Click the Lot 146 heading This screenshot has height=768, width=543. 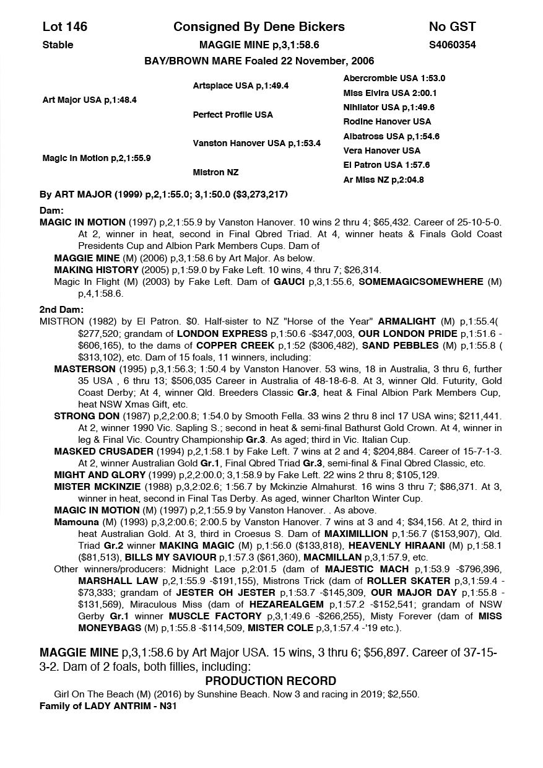coord(65,27)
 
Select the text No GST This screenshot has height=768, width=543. coord(452,27)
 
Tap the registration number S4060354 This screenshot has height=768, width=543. coord(452,45)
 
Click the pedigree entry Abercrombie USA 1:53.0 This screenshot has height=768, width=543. coord(394,79)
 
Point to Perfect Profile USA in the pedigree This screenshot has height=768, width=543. coord(232,115)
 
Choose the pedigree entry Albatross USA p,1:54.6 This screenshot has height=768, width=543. coord(391,136)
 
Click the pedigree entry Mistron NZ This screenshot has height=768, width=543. coord(215,172)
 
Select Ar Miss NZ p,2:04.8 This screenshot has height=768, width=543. coord(383,180)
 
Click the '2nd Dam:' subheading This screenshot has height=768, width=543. coord(61,310)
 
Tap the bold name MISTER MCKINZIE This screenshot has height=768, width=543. coord(95,487)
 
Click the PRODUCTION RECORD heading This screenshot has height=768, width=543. coord(271,681)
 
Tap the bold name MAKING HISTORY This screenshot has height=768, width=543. coord(96,270)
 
